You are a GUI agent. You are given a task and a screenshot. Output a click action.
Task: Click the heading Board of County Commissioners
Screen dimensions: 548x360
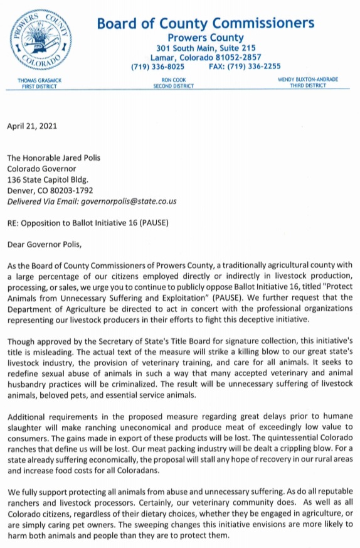205,23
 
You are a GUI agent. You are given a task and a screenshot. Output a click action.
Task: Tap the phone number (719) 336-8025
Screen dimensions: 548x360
157,67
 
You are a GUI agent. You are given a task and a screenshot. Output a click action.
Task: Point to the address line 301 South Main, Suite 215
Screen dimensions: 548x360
206,48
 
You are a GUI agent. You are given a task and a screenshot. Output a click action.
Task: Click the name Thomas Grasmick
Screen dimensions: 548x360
39,80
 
